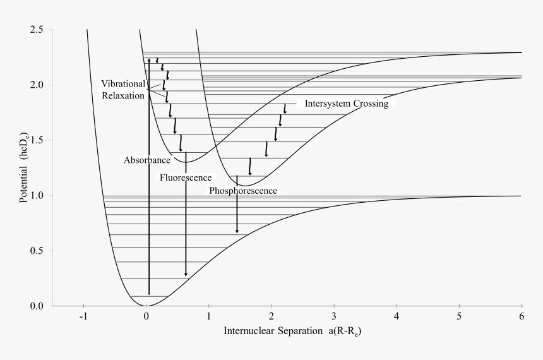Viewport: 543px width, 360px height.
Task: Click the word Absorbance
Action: (139, 160)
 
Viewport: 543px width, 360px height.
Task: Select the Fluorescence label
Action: (184, 177)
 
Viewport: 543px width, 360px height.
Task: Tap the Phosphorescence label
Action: (243, 189)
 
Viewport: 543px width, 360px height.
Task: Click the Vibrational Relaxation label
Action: (123, 90)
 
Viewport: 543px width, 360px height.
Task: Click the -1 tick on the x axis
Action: (83, 317)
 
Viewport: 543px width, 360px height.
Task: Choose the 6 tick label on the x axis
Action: (522, 317)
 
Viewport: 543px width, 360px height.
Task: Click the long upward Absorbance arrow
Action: (149, 177)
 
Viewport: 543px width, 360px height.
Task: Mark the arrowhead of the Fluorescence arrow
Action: (186, 274)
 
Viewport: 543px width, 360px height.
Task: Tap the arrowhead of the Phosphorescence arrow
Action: (237, 231)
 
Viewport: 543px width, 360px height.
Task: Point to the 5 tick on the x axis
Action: (459, 317)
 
